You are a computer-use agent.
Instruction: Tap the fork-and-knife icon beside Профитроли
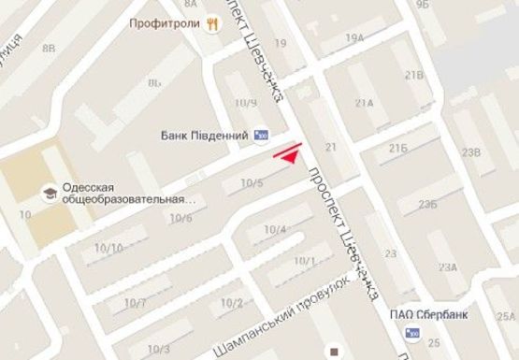coord(213,25)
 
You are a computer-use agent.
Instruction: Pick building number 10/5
coord(252,184)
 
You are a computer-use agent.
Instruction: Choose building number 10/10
coord(108,248)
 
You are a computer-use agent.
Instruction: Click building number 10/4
coord(274,230)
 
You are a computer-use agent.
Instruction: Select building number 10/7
coord(134,304)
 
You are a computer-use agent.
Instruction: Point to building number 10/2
coord(232,302)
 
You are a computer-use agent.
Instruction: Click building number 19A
coord(353,37)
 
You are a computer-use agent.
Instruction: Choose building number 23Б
coord(429,204)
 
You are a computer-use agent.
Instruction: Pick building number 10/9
coord(247,103)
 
